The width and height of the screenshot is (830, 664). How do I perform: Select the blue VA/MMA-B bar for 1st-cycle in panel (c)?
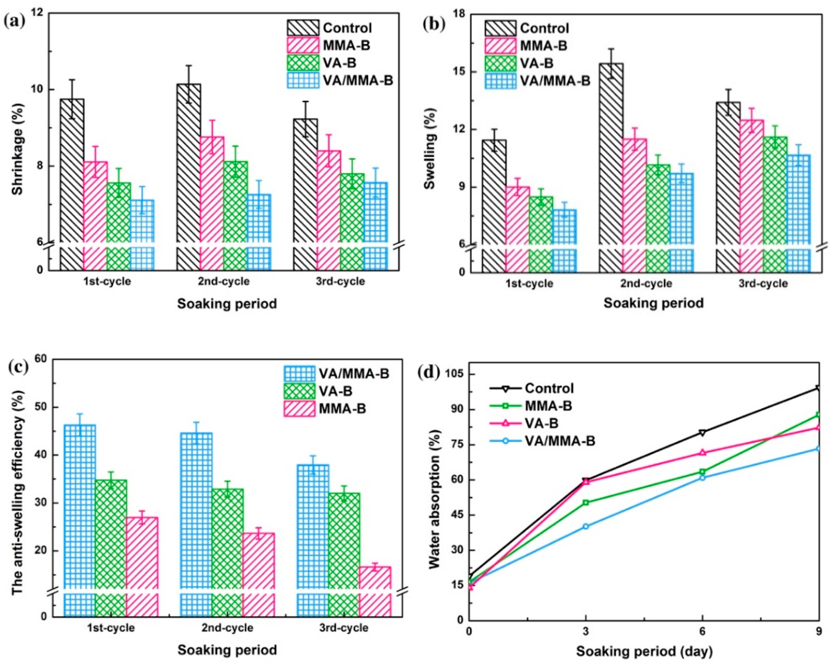[80, 508]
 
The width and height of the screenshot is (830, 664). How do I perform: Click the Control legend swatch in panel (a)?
[303, 28]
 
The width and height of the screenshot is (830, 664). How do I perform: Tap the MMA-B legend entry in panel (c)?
[342, 409]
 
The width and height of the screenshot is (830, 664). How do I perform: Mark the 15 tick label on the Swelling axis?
[466, 72]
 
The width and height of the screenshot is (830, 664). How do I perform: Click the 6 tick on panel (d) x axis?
[702, 631]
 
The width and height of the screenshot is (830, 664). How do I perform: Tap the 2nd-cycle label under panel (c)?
[227, 628]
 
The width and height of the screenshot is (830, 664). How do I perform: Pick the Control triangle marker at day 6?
[703, 432]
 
